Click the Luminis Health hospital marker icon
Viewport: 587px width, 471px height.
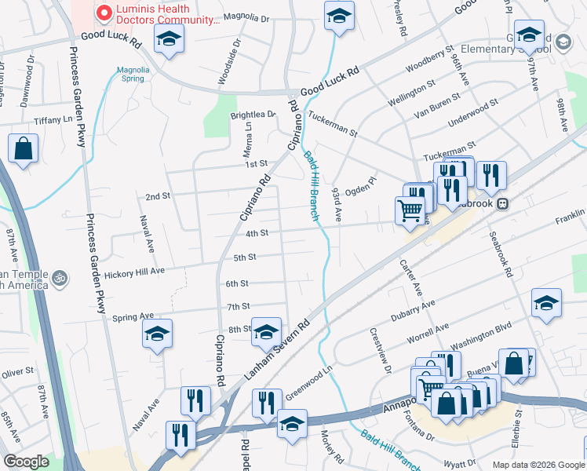(x=103, y=13)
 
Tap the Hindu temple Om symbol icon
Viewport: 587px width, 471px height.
(x=58, y=278)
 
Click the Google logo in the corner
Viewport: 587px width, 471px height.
(x=26, y=462)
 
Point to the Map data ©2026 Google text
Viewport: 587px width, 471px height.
(x=538, y=465)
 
